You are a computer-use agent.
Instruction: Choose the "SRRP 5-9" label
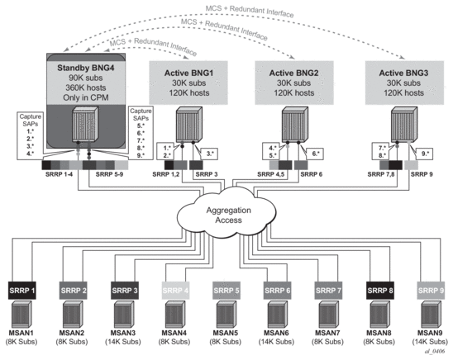pos(113,174)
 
